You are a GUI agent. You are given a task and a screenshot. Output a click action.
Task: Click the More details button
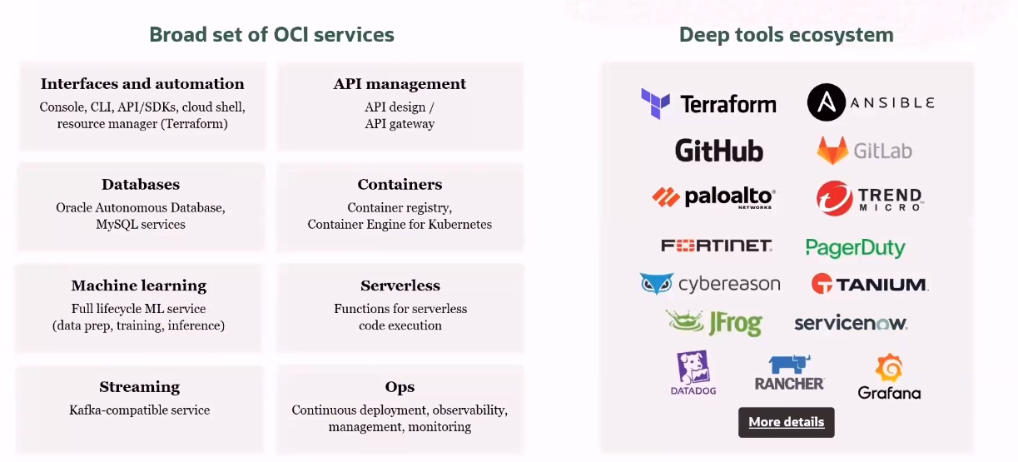coord(786,422)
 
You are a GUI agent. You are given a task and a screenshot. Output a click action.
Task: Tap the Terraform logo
coord(708,104)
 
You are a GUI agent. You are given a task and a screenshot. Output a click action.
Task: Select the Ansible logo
coord(871,102)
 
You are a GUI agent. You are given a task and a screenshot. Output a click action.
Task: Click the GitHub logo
coord(718,151)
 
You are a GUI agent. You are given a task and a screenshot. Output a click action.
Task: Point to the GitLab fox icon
coord(831,151)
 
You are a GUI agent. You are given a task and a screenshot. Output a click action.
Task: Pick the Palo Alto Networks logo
coord(714,197)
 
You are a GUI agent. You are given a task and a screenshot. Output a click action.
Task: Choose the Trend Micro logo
coord(870,198)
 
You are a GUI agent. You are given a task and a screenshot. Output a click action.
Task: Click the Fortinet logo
coord(717,246)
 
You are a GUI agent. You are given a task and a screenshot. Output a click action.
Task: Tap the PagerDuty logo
coord(855,247)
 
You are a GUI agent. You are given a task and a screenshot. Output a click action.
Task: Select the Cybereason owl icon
coord(657,284)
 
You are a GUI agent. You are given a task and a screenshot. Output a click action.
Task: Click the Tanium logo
coord(869,284)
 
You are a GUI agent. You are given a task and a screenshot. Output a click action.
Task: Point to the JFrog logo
coord(713,322)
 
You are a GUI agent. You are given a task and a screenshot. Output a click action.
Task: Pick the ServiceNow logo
coord(850,323)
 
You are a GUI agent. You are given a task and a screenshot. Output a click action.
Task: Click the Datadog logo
coord(693,373)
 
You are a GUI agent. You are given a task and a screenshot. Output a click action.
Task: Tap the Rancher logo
coord(789,373)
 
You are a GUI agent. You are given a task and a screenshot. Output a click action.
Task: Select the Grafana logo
coord(889,376)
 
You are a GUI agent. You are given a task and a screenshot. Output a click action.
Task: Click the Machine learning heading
coord(138,286)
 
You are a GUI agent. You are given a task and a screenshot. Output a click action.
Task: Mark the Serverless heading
coord(400,286)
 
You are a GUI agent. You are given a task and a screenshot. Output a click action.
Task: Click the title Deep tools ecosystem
coord(786,35)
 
